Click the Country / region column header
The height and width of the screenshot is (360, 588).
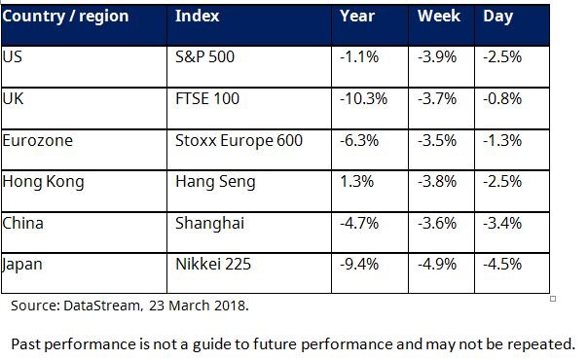pyautogui.click(x=65, y=17)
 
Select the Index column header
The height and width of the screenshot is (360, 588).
pyautogui.click(x=198, y=17)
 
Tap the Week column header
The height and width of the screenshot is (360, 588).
pyautogui.click(x=439, y=17)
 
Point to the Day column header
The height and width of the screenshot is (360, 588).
pyautogui.click(x=498, y=17)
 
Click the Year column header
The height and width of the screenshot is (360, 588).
pyautogui.click(x=357, y=17)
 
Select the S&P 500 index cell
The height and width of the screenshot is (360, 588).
pyautogui.click(x=204, y=57)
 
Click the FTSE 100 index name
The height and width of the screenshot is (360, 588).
pyautogui.click(x=207, y=99)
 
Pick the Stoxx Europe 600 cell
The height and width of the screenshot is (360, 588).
pyautogui.click(x=239, y=141)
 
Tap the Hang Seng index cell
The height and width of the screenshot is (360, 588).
pyautogui.click(x=215, y=183)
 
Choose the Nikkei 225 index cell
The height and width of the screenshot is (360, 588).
pyautogui.click(x=213, y=264)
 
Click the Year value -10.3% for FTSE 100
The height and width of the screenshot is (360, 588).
pyautogui.click(x=363, y=99)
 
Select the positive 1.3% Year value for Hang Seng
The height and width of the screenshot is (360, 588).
pyautogui.click(x=357, y=182)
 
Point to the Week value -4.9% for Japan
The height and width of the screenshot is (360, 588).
pyautogui.click(x=437, y=264)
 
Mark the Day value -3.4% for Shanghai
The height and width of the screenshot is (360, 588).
pyautogui.click(x=502, y=224)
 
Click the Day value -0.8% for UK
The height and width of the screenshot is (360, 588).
pyautogui.click(x=502, y=99)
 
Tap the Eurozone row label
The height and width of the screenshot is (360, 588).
pyautogui.click(x=38, y=141)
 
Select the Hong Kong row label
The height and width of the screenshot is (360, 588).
pyautogui.click(x=43, y=183)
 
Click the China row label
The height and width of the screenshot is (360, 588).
pyautogui.click(x=22, y=223)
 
